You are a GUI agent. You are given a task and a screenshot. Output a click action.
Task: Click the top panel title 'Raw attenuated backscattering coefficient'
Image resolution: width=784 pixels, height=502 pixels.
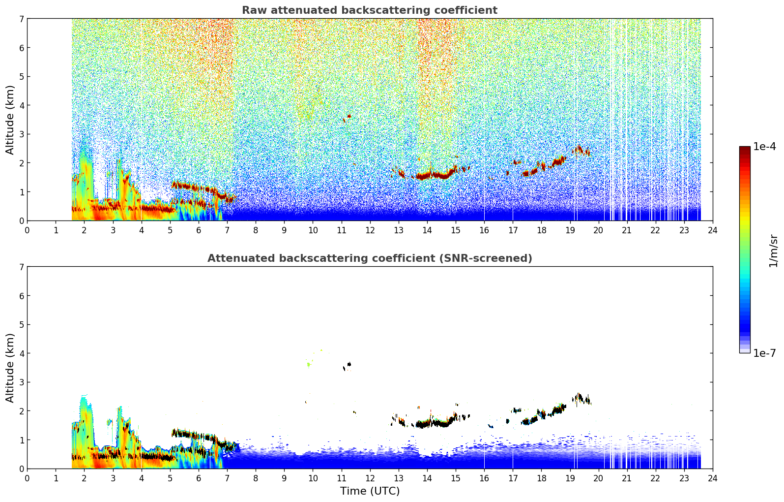[x=369, y=10]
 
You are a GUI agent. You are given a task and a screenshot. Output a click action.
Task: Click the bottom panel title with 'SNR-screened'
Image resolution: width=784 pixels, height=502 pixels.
[x=369, y=258]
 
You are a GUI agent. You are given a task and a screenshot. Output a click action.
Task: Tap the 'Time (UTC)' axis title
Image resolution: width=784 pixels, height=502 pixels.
[x=370, y=491]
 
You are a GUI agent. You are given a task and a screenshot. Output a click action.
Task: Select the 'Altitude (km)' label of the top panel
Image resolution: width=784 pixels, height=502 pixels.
[x=10, y=120]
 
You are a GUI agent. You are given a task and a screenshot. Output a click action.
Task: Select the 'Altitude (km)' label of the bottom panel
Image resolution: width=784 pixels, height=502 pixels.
[x=10, y=368]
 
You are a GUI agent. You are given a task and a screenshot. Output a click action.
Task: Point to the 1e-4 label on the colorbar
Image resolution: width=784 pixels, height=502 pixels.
[x=764, y=147]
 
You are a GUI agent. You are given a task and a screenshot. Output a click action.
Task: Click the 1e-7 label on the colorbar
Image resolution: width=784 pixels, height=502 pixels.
[x=764, y=353]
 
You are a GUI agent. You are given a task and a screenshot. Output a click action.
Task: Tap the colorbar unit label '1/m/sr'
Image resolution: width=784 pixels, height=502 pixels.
[x=773, y=251]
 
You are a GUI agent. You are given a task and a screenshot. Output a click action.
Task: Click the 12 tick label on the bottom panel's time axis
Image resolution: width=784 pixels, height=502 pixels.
[x=370, y=478]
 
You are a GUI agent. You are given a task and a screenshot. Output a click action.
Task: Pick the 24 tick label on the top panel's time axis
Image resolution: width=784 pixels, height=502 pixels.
[x=712, y=230]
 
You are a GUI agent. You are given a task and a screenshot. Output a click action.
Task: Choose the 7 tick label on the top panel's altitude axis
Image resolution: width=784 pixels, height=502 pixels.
[x=21, y=19]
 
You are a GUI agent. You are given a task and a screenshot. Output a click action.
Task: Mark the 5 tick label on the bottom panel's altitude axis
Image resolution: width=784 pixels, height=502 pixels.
[x=21, y=325]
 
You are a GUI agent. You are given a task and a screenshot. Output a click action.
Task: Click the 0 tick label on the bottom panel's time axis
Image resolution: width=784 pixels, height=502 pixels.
[x=27, y=478]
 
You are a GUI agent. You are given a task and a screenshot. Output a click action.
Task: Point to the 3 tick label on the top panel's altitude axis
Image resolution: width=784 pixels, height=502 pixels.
[x=21, y=134]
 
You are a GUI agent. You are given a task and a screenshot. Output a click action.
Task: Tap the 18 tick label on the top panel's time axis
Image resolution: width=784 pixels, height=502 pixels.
[x=541, y=230]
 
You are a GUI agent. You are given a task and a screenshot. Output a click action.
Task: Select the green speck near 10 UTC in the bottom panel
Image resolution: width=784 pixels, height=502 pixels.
[x=309, y=365]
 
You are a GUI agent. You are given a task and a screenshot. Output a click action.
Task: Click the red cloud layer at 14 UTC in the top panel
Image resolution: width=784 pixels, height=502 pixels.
[x=428, y=175]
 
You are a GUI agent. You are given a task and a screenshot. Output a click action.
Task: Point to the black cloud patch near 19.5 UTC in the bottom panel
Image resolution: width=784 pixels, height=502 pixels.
[x=582, y=399]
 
